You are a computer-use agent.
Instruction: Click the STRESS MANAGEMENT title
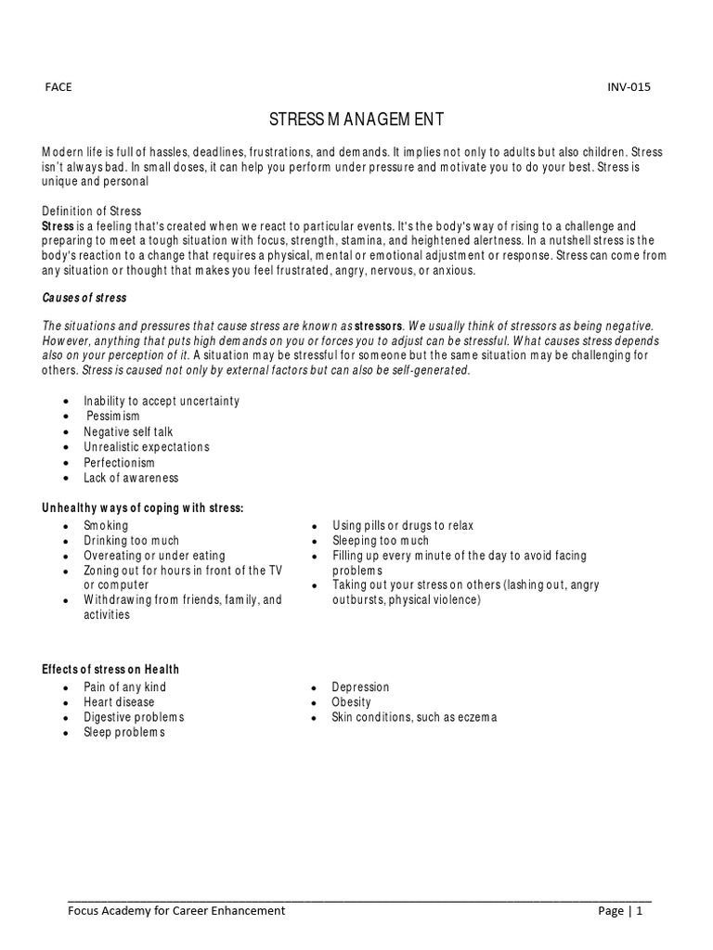[x=356, y=120]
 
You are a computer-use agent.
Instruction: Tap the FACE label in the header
[x=58, y=87]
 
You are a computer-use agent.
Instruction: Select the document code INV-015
[x=629, y=87]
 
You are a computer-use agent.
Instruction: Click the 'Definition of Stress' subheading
[x=91, y=212]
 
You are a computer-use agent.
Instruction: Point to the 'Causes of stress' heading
[x=84, y=299]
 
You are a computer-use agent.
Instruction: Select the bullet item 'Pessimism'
[x=112, y=417]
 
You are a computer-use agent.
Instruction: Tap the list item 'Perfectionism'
[x=119, y=462]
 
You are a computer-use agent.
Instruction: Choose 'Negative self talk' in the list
[x=128, y=431]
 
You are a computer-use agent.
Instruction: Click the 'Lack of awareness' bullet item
[x=131, y=478]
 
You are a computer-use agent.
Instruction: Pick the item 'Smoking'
[x=106, y=525]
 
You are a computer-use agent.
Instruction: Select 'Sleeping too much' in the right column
[x=381, y=540]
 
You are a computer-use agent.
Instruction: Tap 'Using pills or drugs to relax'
[x=403, y=525]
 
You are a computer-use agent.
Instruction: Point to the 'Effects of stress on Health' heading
[x=110, y=669]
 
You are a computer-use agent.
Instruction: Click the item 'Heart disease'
[x=119, y=702]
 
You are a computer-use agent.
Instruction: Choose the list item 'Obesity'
[x=351, y=702]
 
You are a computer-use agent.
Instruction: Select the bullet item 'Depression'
[x=360, y=687]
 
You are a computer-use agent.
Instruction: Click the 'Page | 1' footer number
[x=620, y=911]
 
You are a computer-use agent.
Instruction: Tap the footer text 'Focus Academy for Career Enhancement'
[x=176, y=911]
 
